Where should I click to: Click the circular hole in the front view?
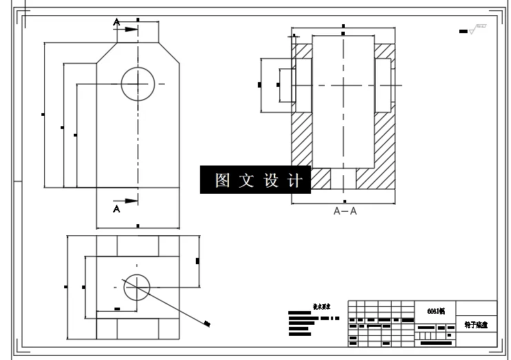pos(139,84)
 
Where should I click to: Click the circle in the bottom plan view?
pos(137,286)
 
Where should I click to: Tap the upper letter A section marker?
pos(117,23)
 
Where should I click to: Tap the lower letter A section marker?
pos(117,208)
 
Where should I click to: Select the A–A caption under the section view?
pos(345,212)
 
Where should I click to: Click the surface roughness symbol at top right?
pos(474,29)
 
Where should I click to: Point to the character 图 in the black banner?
pos(222,181)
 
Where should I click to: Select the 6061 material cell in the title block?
pos(434,311)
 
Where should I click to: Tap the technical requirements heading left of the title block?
pos(322,306)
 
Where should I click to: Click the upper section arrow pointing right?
pos(131,29)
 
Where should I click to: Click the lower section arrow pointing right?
pos(131,200)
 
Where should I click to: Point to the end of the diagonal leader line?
pos(208,323)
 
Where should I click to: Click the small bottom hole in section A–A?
pos(343,178)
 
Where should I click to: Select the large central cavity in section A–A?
pos(343,103)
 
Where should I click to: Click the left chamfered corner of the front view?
pos(105,53)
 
